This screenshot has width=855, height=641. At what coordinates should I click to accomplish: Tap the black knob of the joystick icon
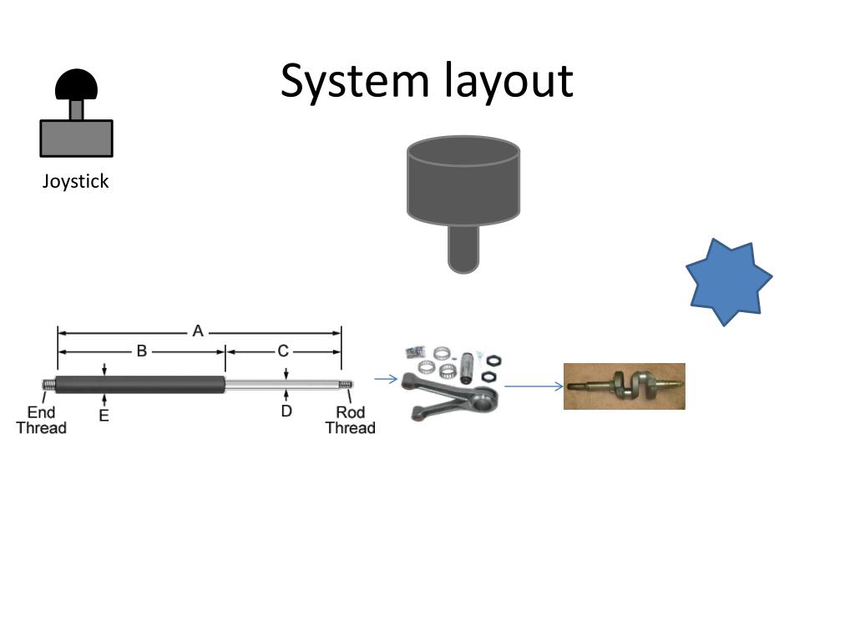[76, 84]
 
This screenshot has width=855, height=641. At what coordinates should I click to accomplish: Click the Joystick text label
[76, 182]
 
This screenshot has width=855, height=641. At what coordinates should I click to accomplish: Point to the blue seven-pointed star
[728, 281]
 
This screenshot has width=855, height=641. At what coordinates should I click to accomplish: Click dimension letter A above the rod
[198, 331]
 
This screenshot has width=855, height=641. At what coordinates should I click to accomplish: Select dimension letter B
[142, 351]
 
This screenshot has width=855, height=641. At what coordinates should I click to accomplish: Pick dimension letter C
[283, 351]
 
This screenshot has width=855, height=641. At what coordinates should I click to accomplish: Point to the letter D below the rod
[286, 411]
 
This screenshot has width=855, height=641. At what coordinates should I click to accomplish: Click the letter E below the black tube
[104, 415]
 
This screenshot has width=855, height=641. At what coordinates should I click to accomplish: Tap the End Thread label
[41, 420]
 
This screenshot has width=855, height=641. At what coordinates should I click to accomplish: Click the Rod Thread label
[350, 420]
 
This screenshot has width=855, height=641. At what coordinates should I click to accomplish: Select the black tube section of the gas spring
[142, 384]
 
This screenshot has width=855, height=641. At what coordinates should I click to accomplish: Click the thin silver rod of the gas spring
[284, 384]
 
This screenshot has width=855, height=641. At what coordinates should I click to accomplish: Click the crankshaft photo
[625, 386]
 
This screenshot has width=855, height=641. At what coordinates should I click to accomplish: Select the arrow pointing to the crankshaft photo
[534, 386]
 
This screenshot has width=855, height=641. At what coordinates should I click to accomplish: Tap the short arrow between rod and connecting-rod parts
[386, 380]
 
